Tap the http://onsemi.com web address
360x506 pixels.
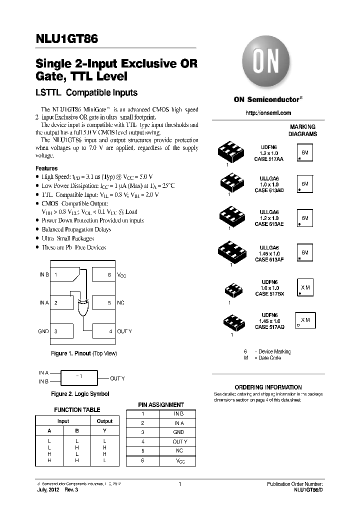click(x=268, y=113)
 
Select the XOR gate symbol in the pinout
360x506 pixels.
click(x=83, y=306)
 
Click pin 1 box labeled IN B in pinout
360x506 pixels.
click(x=61, y=275)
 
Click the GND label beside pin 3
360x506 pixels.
click(x=43, y=331)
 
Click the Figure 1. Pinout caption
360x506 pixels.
click(x=83, y=353)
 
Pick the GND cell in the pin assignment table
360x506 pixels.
click(x=178, y=432)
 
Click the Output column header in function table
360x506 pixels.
click(x=104, y=421)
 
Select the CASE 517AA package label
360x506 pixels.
click(x=268, y=158)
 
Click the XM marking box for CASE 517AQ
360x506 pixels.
click(x=305, y=320)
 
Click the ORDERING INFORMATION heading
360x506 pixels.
click(x=268, y=387)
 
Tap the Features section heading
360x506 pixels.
click(x=46, y=168)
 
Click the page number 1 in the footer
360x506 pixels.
click(x=179, y=484)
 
